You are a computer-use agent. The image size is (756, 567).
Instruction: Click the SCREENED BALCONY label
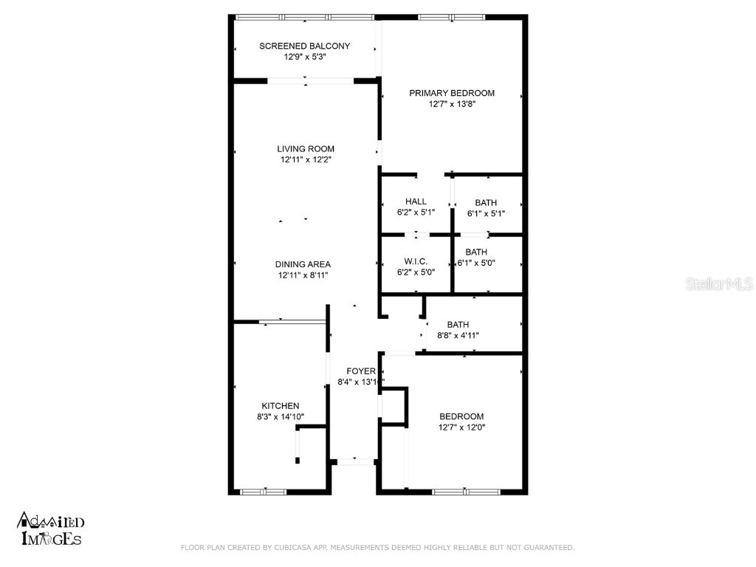tap(304, 46)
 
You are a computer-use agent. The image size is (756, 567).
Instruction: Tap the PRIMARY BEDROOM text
tap(452, 93)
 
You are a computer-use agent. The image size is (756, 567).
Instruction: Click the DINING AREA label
tap(303, 264)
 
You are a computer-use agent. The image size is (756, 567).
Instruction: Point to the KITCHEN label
tap(281, 406)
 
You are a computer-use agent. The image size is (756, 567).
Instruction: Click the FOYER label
tap(361, 371)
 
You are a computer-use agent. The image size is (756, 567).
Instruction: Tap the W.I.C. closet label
tap(416, 261)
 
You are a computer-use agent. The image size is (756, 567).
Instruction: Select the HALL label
tap(416, 202)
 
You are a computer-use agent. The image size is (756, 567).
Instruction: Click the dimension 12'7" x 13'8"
tap(452, 104)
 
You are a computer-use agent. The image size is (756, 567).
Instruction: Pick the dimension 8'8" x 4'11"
tap(458, 335)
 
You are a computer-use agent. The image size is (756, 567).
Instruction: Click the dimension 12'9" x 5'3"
tap(304, 57)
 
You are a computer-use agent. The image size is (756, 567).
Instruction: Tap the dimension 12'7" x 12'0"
tap(461, 427)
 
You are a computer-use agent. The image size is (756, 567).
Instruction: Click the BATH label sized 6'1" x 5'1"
tap(486, 202)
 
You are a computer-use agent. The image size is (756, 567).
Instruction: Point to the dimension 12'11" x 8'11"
tap(303, 275)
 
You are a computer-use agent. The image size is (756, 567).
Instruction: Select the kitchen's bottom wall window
tap(264, 491)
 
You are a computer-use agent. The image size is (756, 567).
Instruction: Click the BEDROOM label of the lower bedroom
tap(461, 416)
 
